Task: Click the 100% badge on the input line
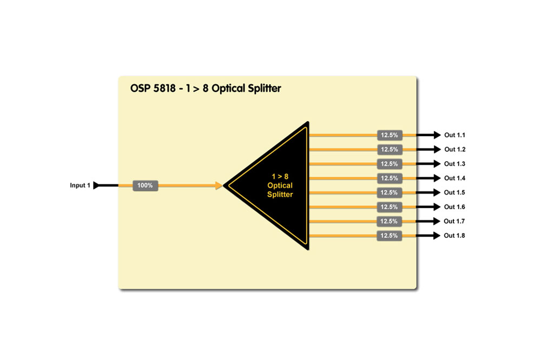pos(146,185)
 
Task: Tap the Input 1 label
pos(80,185)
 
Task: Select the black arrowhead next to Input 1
pos(96,185)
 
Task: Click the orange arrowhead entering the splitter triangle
pos(219,185)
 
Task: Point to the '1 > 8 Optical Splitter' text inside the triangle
pos(280,185)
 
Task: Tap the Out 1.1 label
pos(455,135)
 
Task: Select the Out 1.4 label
pos(455,178)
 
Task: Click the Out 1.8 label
pos(454,236)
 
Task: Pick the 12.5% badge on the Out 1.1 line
pos(390,135)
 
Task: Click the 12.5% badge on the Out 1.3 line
pos(390,164)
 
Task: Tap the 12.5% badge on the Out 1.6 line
pos(390,207)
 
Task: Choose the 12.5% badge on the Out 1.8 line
pos(390,236)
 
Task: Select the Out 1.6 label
pos(455,207)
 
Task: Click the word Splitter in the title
pos(262,88)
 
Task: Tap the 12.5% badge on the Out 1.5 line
pos(390,192)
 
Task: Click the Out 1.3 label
pos(455,164)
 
